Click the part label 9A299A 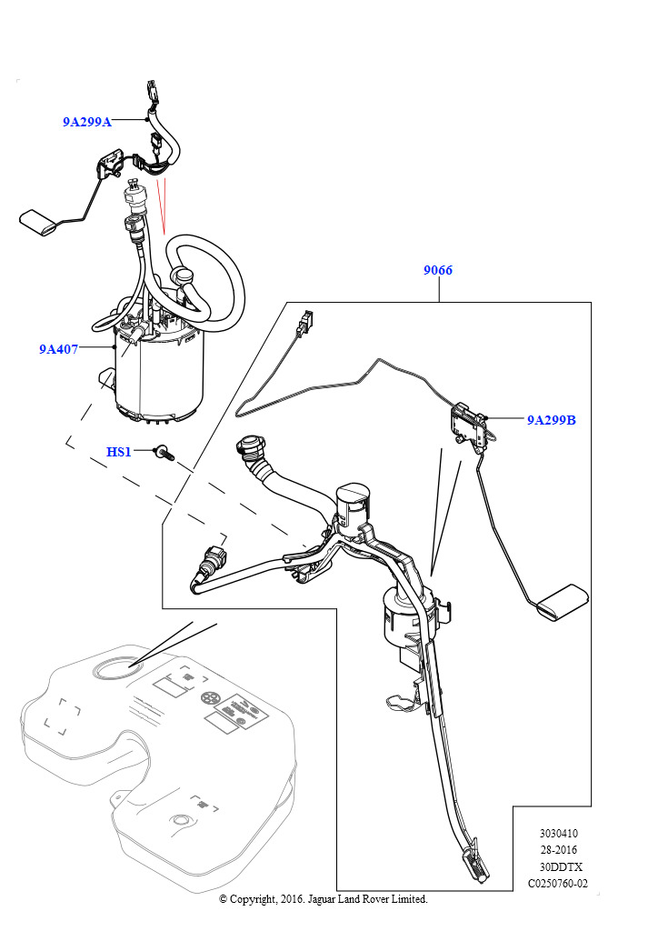coord(86,122)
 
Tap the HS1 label coord(119,452)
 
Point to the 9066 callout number coord(438,271)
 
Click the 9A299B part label coord(551,421)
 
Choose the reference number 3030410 coord(558,833)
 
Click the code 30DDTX coord(558,866)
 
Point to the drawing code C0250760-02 coord(558,884)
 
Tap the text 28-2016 coord(558,850)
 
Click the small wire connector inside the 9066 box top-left coord(305,321)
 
